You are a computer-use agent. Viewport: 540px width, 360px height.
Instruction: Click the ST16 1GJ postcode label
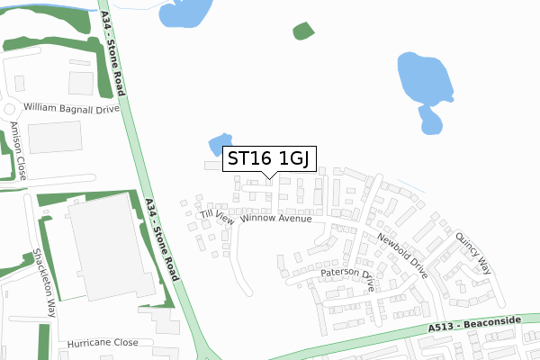(x=269, y=159)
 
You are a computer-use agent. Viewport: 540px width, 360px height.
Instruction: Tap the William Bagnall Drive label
(x=72, y=107)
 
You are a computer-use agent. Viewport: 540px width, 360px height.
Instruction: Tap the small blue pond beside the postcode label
(x=217, y=144)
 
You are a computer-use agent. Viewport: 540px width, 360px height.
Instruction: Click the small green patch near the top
(x=304, y=31)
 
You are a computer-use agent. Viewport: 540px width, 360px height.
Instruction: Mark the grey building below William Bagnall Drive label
(x=54, y=137)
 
